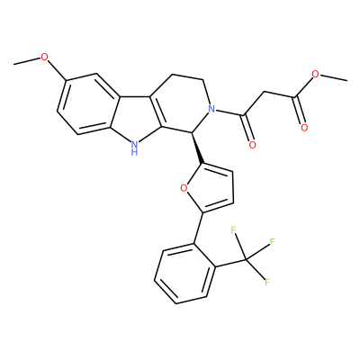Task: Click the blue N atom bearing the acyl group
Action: tap(212, 109)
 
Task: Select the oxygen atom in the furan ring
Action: tap(184, 188)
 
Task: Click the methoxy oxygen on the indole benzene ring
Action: tap(44, 57)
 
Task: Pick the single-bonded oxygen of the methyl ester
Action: tap(315, 74)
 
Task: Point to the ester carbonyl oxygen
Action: tap(304, 128)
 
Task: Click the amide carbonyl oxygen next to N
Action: tap(253, 145)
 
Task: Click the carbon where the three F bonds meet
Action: tap(246, 259)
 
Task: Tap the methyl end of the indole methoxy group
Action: tap(13, 64)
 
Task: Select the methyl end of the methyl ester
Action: tap(346, 80)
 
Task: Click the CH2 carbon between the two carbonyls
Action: tap(265, 91)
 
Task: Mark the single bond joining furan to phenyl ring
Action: tap(198, 228)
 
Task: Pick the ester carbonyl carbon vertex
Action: tap(296, 97)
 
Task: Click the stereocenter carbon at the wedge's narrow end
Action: tap(192, 132)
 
